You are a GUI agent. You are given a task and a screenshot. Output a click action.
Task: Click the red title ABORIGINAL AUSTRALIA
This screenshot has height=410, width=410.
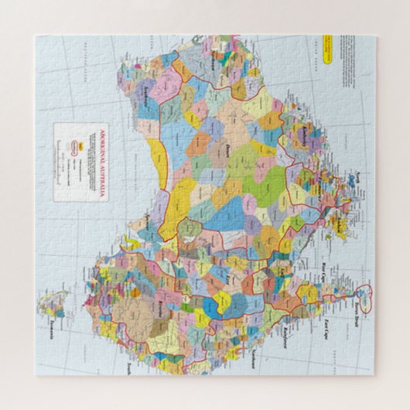tap(99, 162)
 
